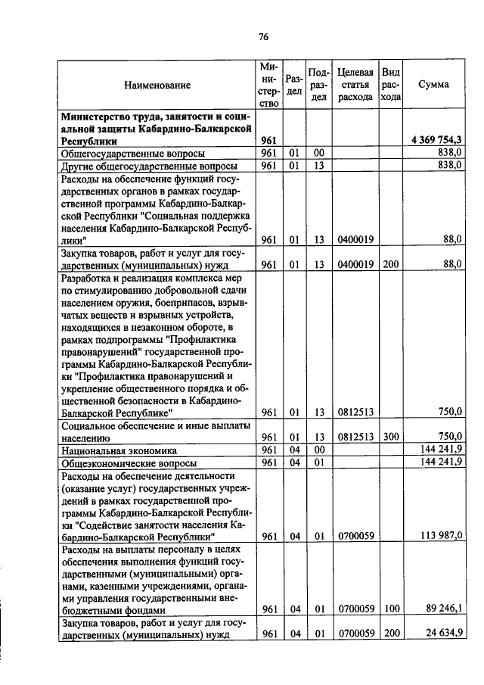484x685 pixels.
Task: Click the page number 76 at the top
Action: [263, 36]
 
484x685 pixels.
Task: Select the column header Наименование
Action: [157, 86]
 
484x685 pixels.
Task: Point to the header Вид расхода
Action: [390, 85]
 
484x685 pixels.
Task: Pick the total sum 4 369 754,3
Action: [437, 140]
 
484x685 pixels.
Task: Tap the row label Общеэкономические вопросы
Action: [129, 462]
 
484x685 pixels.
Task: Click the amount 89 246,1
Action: [442, 608]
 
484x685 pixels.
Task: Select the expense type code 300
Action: [390, 437]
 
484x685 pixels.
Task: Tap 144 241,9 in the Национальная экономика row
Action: [439, 450]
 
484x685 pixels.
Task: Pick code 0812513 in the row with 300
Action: [355, 437]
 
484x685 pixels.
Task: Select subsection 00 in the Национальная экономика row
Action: [319, 450]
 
